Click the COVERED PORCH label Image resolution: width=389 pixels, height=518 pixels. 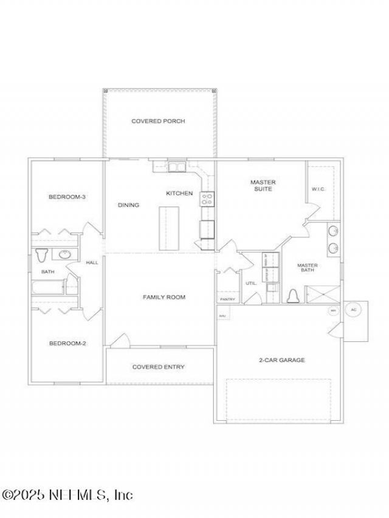(158, 121)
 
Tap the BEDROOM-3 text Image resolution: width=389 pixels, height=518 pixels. (67, 197)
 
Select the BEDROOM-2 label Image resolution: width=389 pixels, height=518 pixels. (67, 343)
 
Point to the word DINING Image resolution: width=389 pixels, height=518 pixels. (128, 205)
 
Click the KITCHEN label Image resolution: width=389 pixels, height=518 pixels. (179, 194)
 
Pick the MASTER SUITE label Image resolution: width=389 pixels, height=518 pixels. (263, 186)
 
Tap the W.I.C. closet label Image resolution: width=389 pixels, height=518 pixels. (319, 189)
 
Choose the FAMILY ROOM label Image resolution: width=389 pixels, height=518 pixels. (164, 298)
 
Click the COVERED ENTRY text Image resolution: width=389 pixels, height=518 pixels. (159, 367)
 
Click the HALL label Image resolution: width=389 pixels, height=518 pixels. (92, 263)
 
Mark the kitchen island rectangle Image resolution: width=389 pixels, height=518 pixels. (170, 228)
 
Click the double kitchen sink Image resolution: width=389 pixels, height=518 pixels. (177, 166)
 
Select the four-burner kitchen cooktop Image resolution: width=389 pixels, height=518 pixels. (207, 198)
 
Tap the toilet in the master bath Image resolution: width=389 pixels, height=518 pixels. (295, 296)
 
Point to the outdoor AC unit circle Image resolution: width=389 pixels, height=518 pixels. (354, 310)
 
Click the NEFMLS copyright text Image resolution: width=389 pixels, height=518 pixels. (67, 495)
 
